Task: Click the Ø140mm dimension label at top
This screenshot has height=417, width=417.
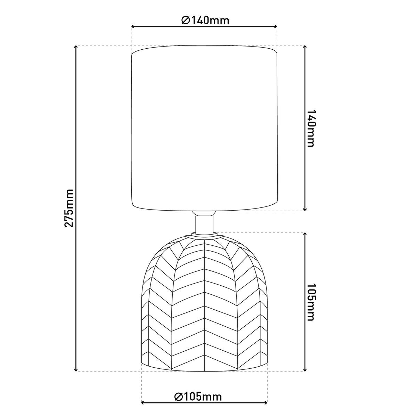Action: pos(205,20)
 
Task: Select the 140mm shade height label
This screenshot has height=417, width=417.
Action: pos(312,129)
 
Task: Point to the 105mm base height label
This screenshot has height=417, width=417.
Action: pos(312,302)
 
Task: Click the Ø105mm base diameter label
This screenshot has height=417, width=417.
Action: pos(198,396)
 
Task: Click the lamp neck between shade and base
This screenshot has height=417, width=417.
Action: pos(204,224)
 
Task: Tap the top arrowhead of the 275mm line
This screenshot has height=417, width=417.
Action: pos(76,47)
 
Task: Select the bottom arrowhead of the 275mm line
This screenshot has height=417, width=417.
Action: pos(76,369)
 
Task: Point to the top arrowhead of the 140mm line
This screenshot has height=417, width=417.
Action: pos(305,47)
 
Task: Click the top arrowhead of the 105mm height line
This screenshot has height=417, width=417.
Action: pos(305,235)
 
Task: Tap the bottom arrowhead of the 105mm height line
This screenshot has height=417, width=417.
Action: pos(305,369)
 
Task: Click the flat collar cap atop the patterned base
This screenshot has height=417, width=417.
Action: pos(204,236)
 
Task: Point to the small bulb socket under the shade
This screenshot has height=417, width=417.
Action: pos(204,213)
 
